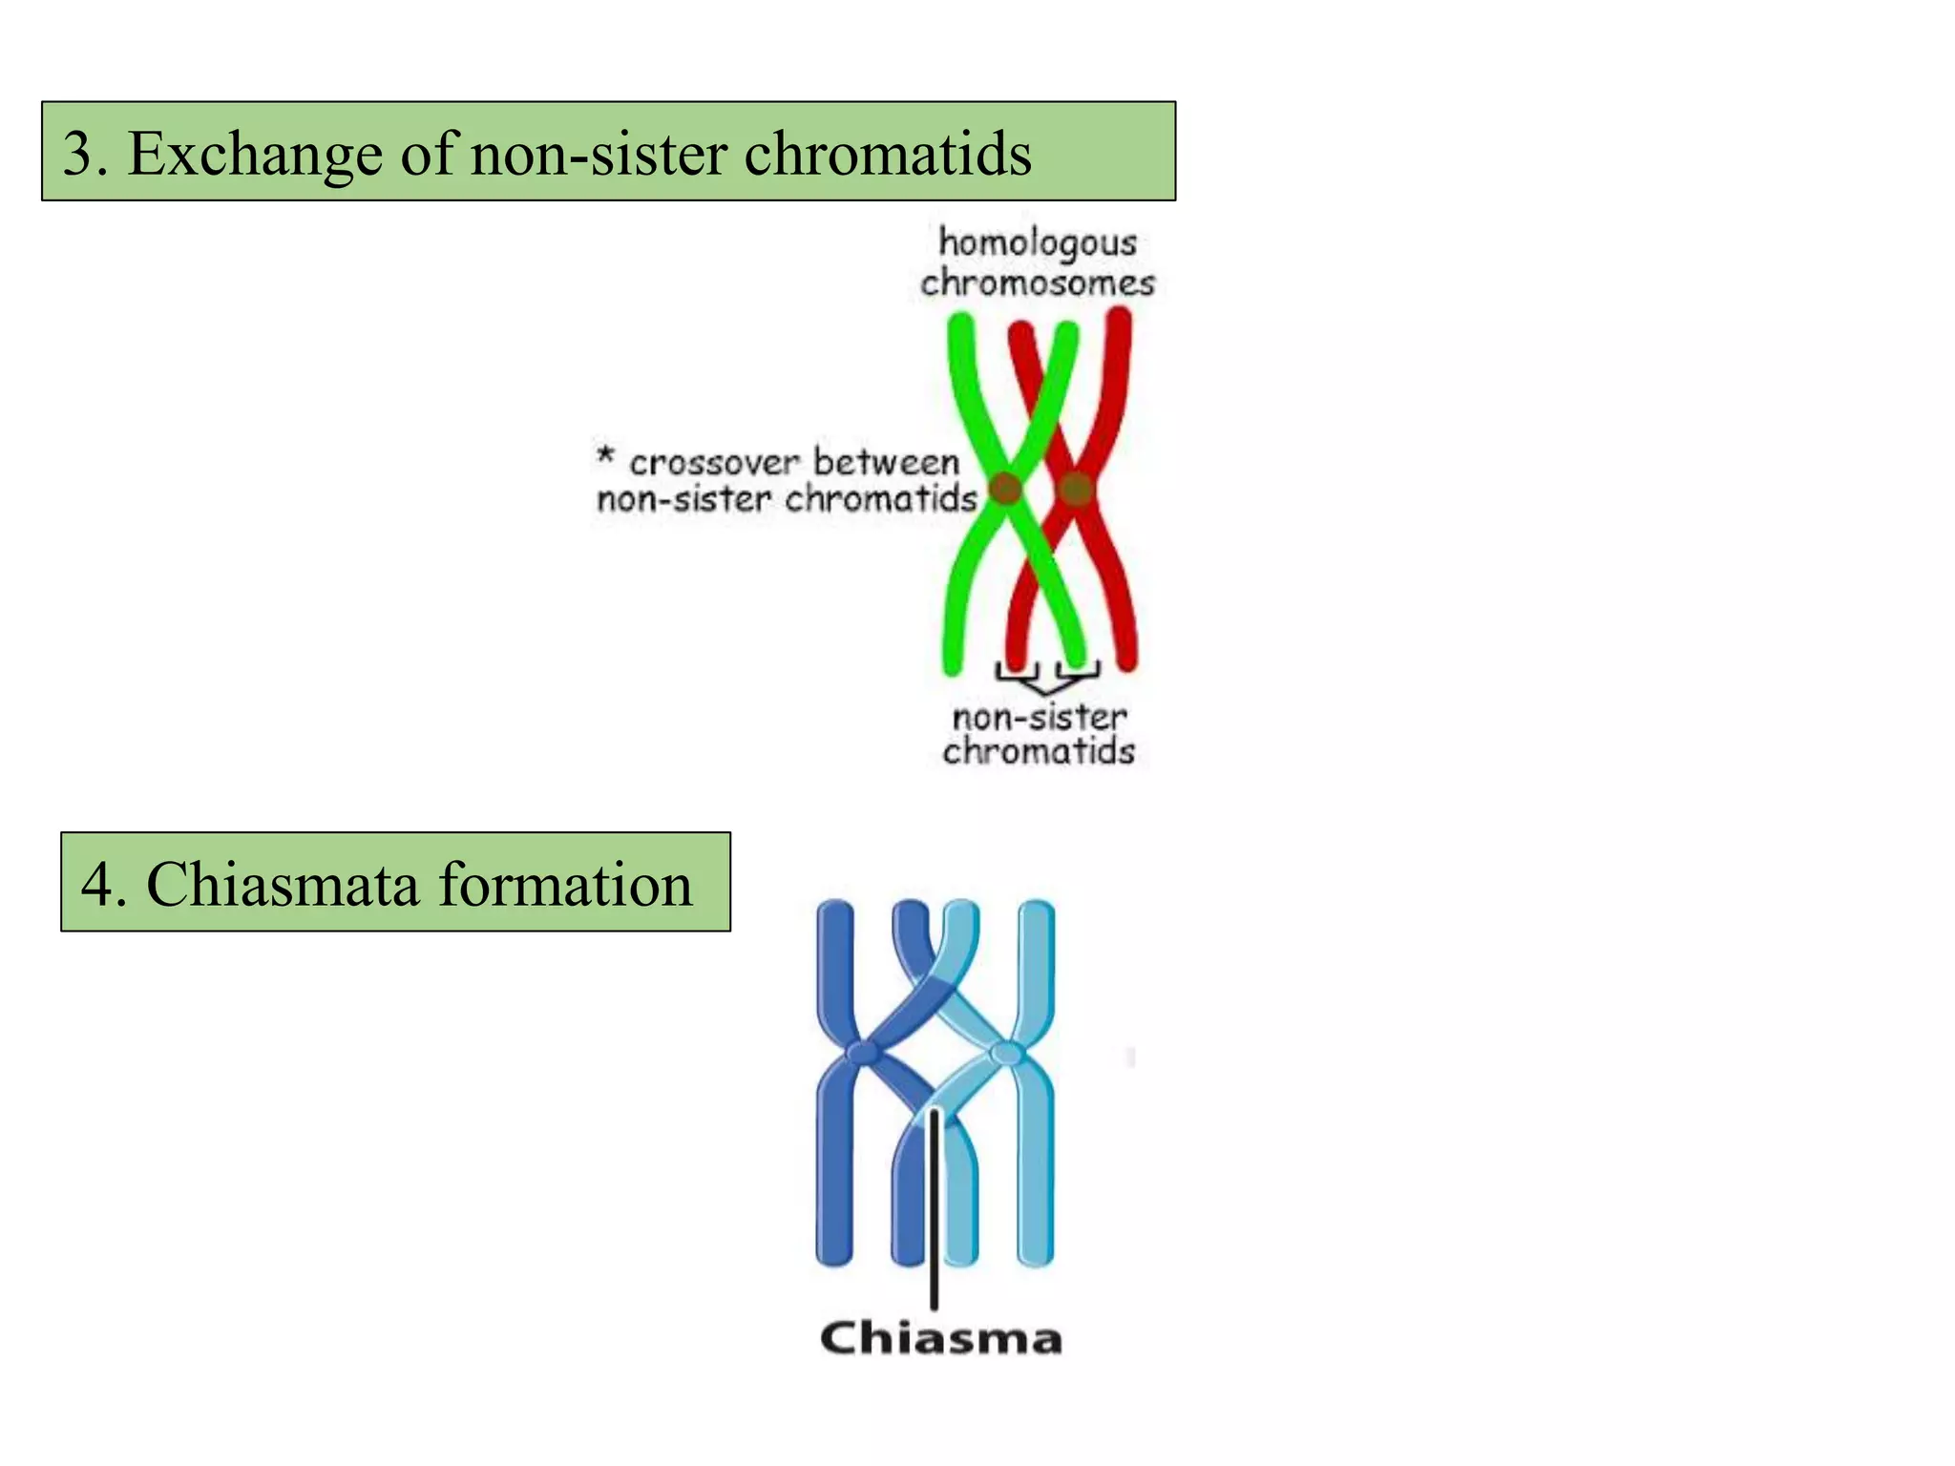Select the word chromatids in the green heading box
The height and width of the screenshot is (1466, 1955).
pyautogui.click(x=887, y=154)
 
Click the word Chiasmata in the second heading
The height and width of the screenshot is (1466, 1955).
pyautogui.click(x=283, y=884)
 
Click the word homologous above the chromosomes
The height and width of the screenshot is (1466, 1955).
pyautogui.click(x=1038, y=243)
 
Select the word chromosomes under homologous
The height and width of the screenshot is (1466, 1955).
pyautogui.click(x=1038, y=283)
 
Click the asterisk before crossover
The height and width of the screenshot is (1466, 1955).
pyautogui.click(x=605, y=455)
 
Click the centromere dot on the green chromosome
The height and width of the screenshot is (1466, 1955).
pyautogui.click(x=1005, y=488)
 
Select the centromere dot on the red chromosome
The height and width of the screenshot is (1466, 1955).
pyautogui.click(x=1076, y=489)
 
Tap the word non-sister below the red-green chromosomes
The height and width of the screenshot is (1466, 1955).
pyautogui.click(x=1040, y=718)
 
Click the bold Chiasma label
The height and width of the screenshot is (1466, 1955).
pyautogui.click(x=940, y=1338)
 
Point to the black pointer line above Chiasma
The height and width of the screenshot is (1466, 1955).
pyautogui.click(x=935, y=1212)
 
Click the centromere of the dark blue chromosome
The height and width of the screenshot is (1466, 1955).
pyautogui.click(x=863, y=1053)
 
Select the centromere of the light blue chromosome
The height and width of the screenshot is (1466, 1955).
pyautogui.click(x=1006, y=1054)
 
